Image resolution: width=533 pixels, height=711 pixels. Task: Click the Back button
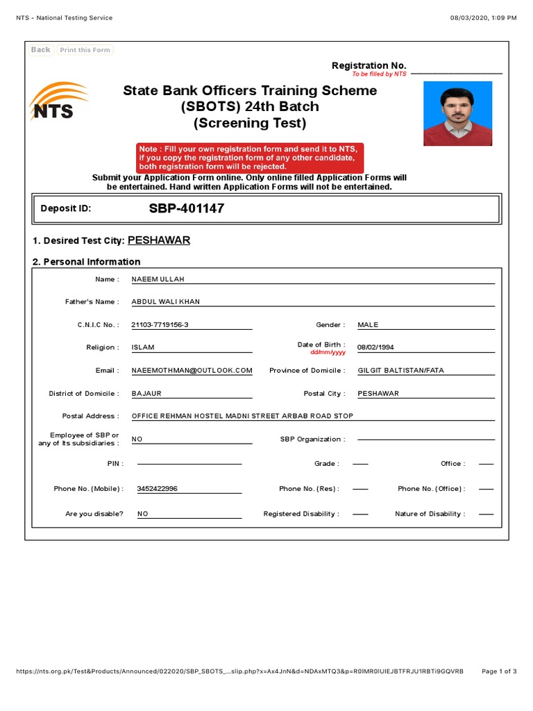click(x=41, y=50)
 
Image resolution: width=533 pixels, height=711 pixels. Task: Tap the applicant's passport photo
click(x=457, y=113)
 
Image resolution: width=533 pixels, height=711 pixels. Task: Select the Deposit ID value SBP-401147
click(x=186, y=208)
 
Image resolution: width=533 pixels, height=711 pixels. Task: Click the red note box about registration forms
click(x=250, y=158)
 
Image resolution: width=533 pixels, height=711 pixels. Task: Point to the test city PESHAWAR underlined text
click(x=159, y=240)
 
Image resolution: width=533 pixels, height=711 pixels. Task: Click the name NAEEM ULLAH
click(x=158, y=279)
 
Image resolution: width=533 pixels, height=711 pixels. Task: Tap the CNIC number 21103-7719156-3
click(x=160, y=325)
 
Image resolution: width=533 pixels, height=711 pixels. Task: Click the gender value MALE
click(x=369, y=325)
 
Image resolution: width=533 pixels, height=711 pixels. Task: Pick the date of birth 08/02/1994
click(x=375, y=347)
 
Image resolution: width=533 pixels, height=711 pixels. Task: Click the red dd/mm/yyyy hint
click(x=328, y=353)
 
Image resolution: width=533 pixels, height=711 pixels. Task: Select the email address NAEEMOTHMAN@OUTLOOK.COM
click(x=192, y=371)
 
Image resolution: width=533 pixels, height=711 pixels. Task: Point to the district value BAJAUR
click(x=146, y=394)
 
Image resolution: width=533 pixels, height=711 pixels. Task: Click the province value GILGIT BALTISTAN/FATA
click(x=400, y=371)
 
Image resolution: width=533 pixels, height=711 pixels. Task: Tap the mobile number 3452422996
click(x=158, y=489)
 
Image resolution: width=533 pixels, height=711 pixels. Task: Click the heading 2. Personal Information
click(x=87, y=262)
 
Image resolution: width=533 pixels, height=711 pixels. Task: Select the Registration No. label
click(x=369, y=66)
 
